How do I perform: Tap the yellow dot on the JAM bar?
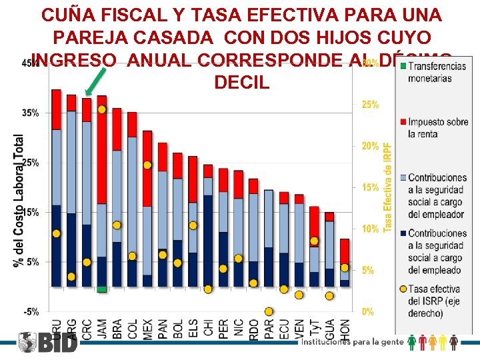click(x=102, y=109)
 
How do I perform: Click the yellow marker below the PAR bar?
click(x=269, y=311)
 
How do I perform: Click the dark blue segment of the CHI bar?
click(x=208, y=240)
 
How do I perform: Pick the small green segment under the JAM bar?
click(x=101, y=289)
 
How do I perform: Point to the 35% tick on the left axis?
click(x=31, y=113)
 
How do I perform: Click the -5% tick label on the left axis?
click(x=31, y=311)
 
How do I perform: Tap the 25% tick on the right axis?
click(x=370, y=105)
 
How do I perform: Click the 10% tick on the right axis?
click(x=370, y=229)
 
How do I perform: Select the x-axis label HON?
click(x=345, y=327)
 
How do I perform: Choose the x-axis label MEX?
click(x=147, y=327)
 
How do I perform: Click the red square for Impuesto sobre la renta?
click(x=403, y=122)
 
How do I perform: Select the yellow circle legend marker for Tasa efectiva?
click(x=403, y=289)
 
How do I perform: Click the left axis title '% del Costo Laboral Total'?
click(x=19, y=200)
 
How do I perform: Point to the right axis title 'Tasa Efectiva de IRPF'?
click(x=388, y=187)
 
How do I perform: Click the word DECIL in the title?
click(x=241, y=83)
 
